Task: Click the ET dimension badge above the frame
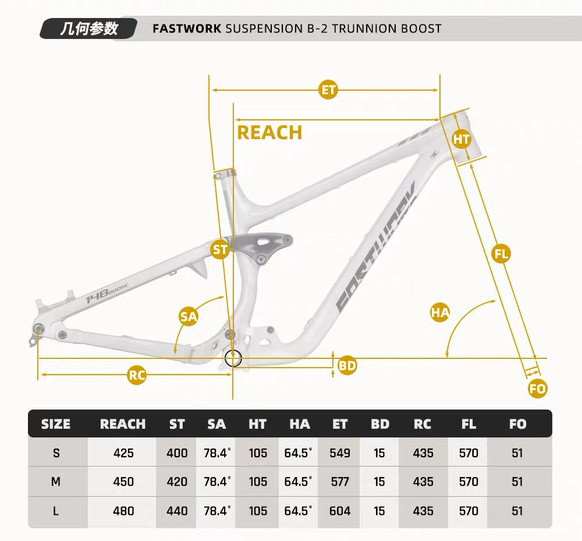pyautogui.click(x=329, y=90)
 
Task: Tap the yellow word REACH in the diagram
pyautogui.click(x=269, y=133)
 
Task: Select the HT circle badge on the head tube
pyautogui.click(x=462, y=139)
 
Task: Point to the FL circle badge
pyautogui.click(x=501, y=254)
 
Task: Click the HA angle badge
pyautogui.click(x=440, y=312)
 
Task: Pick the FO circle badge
pyautogui.click(x=538, y=389)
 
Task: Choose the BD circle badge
pyautogui.click(x=347, y=366)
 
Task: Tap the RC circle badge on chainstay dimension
pyautogui.click(x=137, y=375)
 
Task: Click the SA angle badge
pyautogui.click(x=189, y=316)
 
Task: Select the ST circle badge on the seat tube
pyautogui.click(x=220, y=250)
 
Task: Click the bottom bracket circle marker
pyautogui.click(x=233, y=358)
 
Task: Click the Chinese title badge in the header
pyautogui.click(x=88, y=29)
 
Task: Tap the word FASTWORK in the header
pyautogui.click(x=187, y=29)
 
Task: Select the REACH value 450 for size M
pyautogui.click(x=123, y=482)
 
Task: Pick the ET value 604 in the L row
pyautogui.click(x=340, y=511)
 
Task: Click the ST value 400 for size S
pyautogui.click(x=177, y=453)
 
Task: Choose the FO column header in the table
pyautogui.click(x=517, y=424)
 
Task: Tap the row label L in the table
pyautogui.click(x=56, y=511)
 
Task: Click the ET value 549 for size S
pyautogui.click(x=340, y=453)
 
